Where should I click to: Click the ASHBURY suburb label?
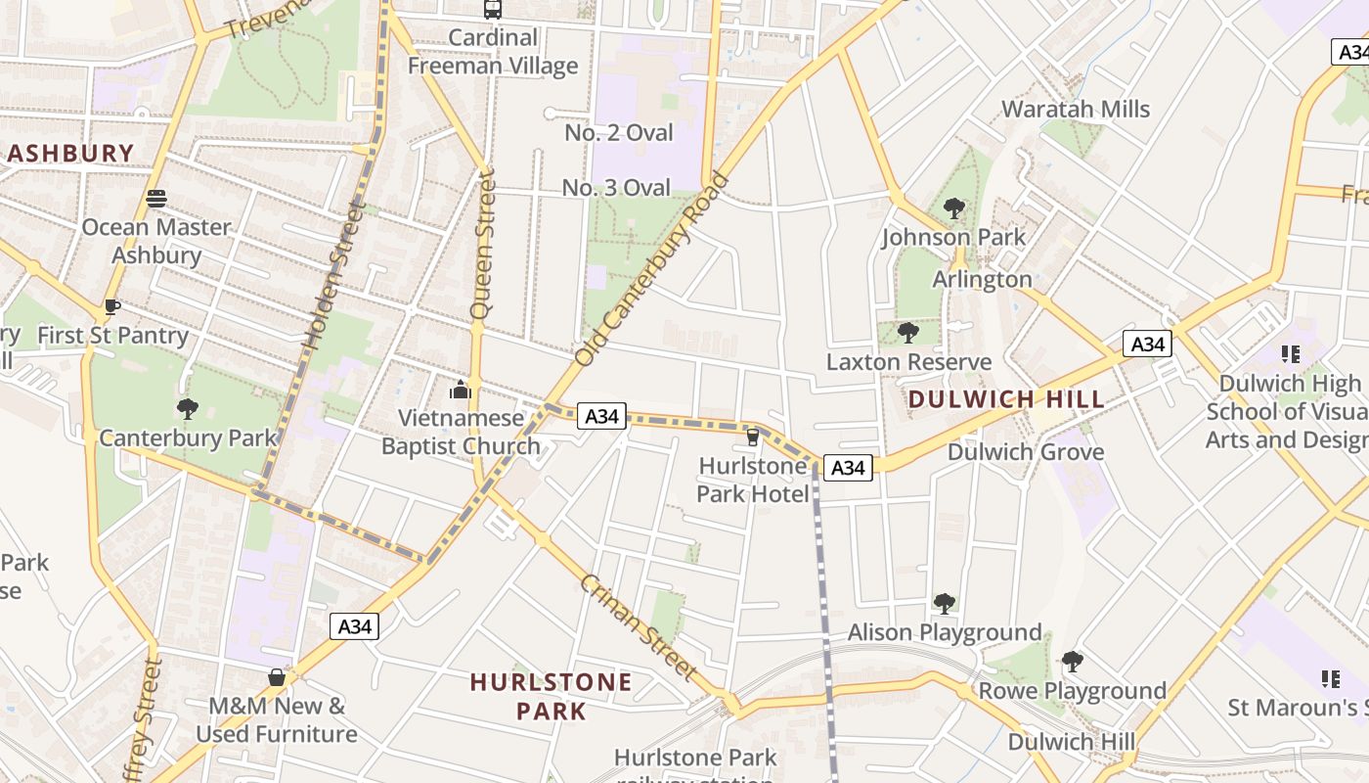click(70, 154)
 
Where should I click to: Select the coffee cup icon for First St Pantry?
click(112, 307)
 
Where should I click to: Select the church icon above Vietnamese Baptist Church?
click(460, 391)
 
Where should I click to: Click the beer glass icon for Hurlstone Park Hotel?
click(752, 437)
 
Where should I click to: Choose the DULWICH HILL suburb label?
click(1006, 399)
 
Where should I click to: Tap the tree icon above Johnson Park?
click(953, 208)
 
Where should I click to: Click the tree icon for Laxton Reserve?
click(908, 333)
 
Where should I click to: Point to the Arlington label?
click(982, 280)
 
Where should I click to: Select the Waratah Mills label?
click(1076, 109)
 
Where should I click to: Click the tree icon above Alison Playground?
click(944, 604)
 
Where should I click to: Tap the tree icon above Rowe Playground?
click(1073, 663)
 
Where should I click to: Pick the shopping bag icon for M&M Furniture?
click(277, 677)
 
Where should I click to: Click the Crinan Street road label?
click(638, 627)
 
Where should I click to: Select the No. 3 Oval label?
click(616, 188)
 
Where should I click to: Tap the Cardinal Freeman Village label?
click(493, 52)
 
